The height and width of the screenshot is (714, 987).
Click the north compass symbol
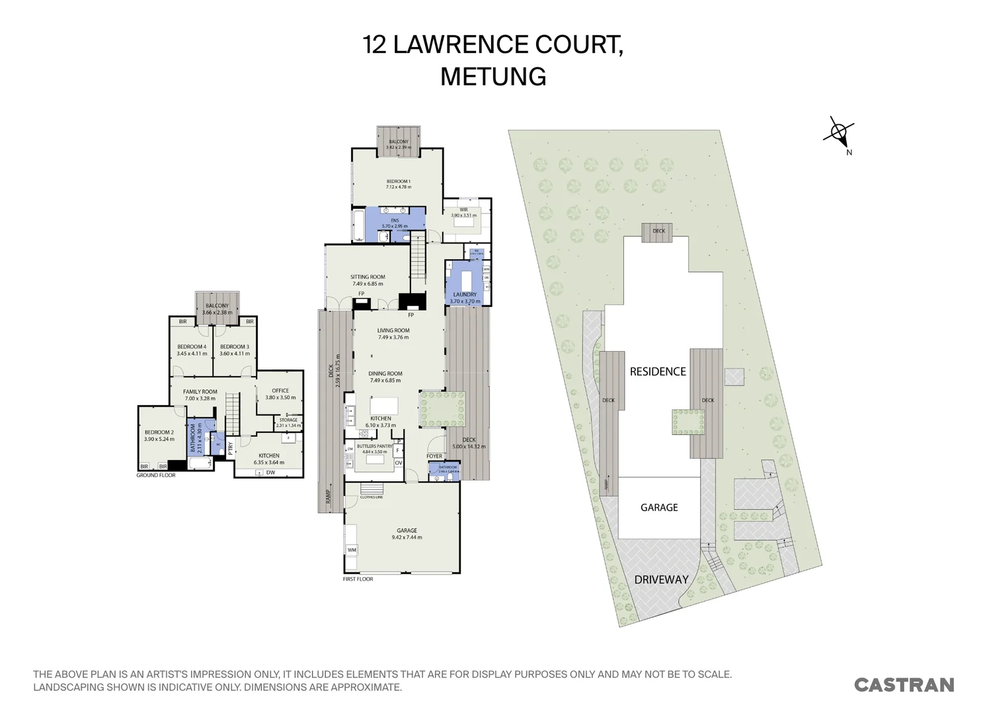tap(838, 133)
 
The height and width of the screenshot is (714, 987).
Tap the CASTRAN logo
tap(904, 685)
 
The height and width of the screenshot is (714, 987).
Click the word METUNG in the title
tap(493, 77)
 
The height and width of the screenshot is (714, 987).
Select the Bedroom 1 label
tap(399, 182)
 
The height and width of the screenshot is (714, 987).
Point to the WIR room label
tap(463, 210)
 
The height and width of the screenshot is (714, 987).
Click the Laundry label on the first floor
tap(464, 295)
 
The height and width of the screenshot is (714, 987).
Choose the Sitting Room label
tap(368, 278)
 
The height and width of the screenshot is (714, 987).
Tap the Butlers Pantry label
tap(375, 446)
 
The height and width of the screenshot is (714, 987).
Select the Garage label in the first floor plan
tap(407, 531)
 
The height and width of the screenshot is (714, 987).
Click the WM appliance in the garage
tap(351, 550)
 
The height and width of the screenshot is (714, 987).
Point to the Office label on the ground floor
tap(280, 391)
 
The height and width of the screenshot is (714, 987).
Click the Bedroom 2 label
tap(159, 432)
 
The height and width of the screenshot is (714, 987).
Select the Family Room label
tap(200, 392)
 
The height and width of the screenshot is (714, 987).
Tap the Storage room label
tap(288, 420)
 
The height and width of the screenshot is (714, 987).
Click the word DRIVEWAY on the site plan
tap(661, 580)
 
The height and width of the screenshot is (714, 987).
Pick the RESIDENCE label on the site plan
tap(658, 372)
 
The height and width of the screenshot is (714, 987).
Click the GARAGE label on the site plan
tap(659, 508)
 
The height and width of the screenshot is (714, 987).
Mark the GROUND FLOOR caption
tap(156, 475)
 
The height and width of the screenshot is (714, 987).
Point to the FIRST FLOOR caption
tap(358, 579)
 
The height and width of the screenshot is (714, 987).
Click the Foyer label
tap(434, 456)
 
